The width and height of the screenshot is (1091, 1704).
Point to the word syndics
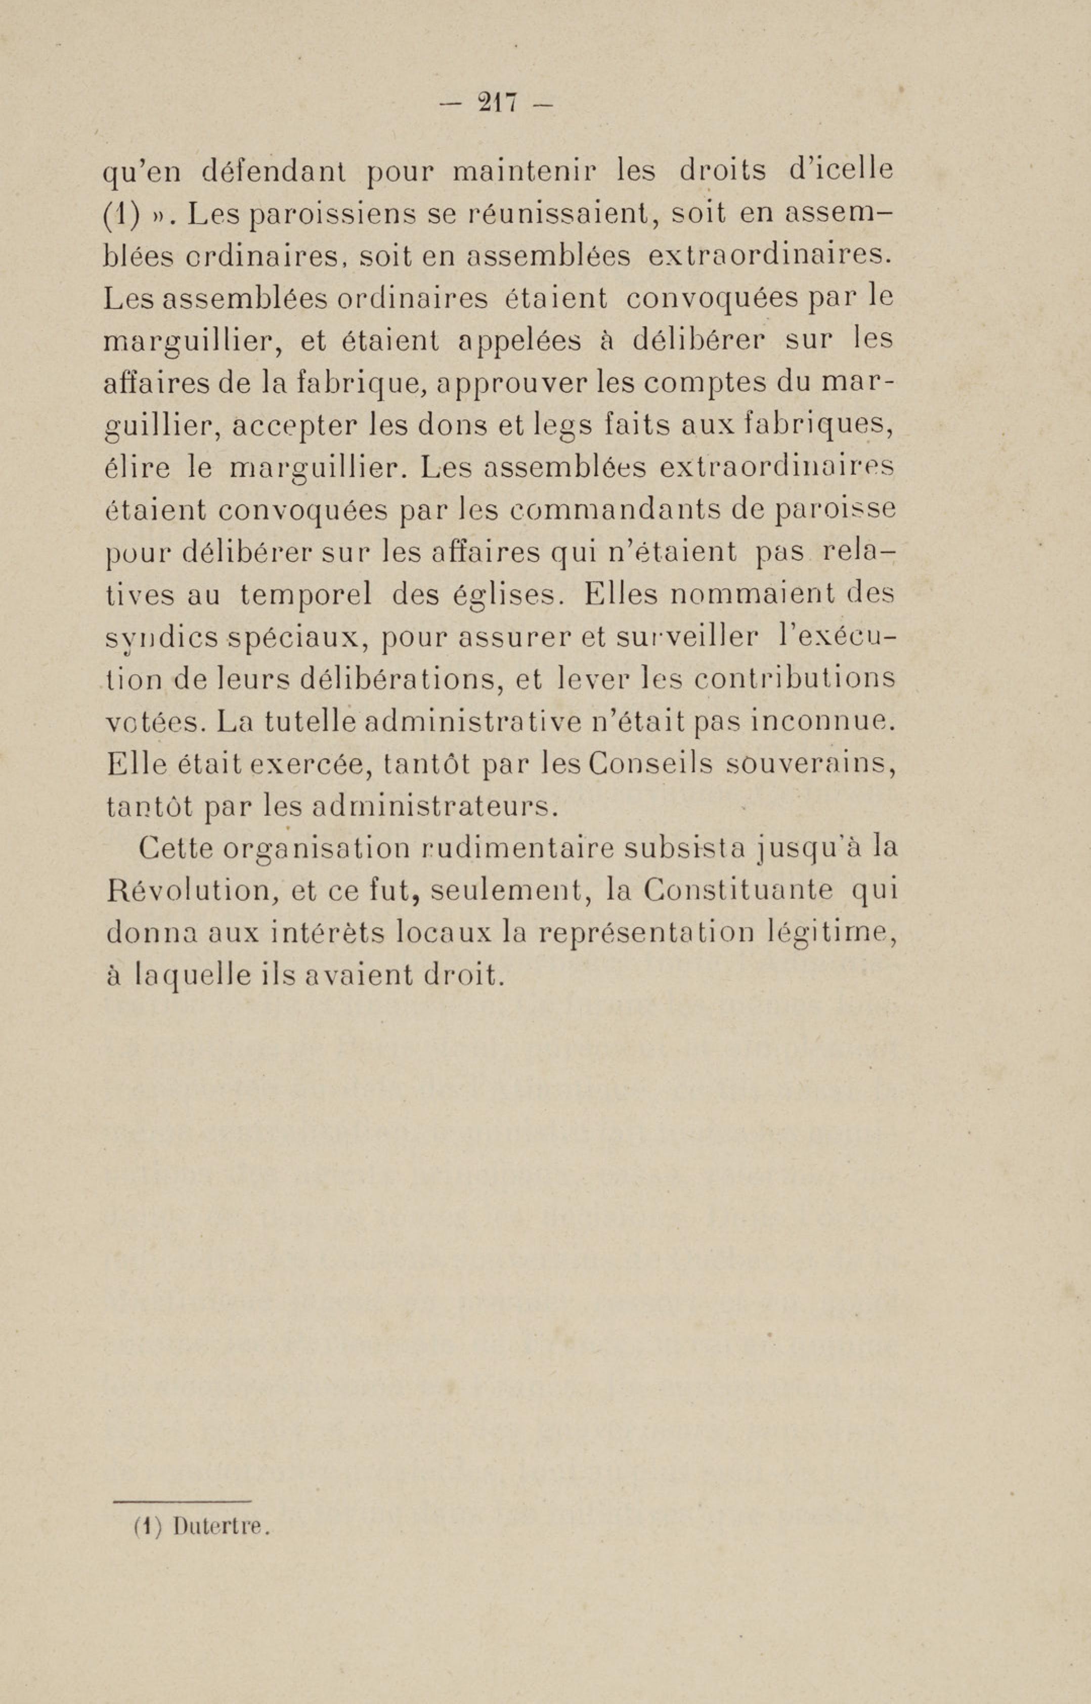161,638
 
